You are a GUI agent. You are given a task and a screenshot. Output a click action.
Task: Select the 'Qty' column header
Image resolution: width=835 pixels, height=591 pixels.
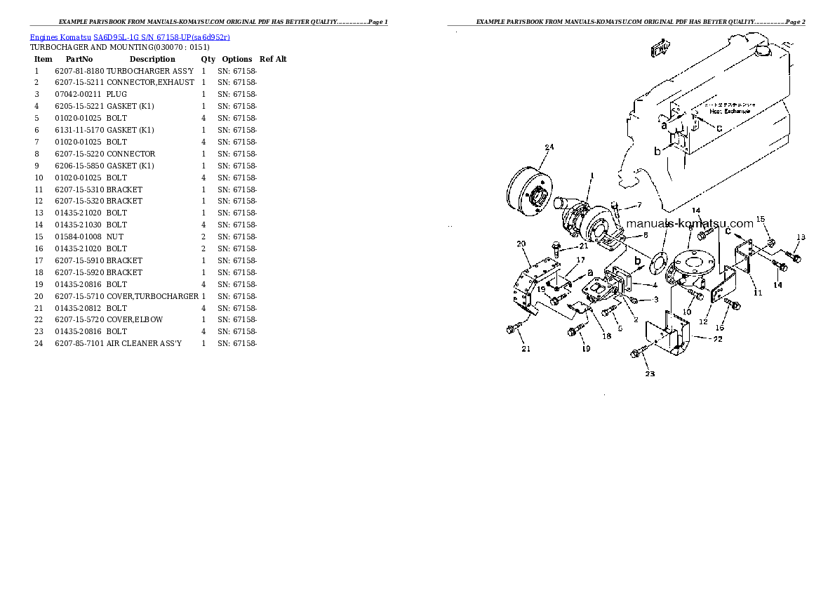coord(208,60)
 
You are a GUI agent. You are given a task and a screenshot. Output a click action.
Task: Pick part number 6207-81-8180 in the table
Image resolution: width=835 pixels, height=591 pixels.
coord(79,72)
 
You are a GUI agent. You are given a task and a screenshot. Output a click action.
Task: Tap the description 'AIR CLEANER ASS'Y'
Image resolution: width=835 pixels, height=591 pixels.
coord(144,343)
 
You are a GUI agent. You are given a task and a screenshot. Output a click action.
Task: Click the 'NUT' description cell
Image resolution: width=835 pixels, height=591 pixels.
coord(115,237)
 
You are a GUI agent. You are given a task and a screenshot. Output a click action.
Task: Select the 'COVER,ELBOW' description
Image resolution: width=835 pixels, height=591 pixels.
coord(135,319)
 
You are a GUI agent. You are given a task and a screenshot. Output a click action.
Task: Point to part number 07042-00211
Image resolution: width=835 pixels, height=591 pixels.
coord(78,95)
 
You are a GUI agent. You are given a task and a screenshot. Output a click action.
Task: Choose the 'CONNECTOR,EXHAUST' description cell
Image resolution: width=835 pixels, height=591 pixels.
coord(150,83)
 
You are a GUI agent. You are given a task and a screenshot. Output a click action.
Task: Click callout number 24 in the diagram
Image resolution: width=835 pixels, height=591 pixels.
coord(549,147)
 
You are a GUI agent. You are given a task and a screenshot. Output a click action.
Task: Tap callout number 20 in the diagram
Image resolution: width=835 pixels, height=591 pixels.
coord(521,244)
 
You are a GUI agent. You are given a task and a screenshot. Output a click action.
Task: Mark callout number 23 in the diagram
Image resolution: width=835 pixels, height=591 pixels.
coord(650,373)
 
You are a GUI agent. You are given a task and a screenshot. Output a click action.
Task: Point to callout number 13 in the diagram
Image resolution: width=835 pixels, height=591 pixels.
coord(801,237)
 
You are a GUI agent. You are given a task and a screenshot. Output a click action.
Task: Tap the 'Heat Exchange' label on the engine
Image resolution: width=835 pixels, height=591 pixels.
coord(729,111)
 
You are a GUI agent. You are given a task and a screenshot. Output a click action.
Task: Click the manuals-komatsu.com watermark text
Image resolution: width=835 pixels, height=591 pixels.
coord(689,223)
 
